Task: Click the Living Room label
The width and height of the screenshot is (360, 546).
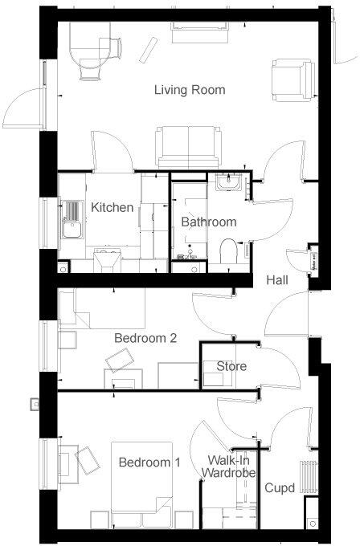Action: pyautogui.click(x=190, y=90)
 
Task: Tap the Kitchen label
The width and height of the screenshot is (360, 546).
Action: pyautogui.click(x=112, y=208)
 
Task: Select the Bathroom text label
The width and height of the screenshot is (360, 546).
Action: pyautogui.click(x=208, y=222)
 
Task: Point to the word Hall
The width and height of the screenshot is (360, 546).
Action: pyautogui.click(x=278, y=280)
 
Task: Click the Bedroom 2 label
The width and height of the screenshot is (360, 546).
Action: pyautogui.click(x=145, y=338)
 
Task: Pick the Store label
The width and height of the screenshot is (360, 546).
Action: pyautogui.click(x=231, y=367)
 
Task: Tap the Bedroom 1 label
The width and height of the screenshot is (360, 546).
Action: pyautogui.click(x=149, y=463)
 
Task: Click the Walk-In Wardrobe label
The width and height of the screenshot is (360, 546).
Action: pyautogui.click(x=231, y=467)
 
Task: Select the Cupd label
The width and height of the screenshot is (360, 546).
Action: pyautogui.click(x=280, y=487)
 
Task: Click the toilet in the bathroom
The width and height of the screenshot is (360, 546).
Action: pyautogui.click(x=227, y=250)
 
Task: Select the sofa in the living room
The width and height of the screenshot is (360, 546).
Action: pyautogui.click(x=182, y=145)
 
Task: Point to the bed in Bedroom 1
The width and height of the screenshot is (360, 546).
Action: pyautogui.click(x=144, y=482)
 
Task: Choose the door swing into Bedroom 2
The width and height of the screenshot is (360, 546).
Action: pyautogui.click(x=211, y=309)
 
